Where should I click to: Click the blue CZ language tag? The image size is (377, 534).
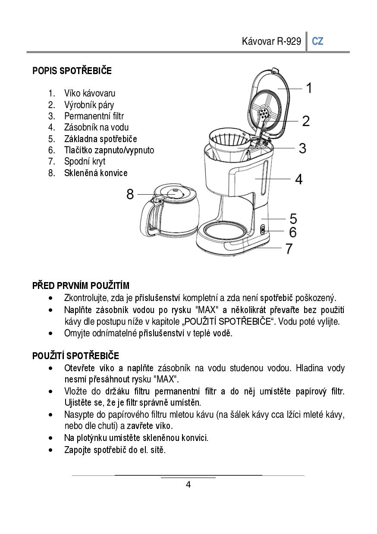click(x=317, y=41)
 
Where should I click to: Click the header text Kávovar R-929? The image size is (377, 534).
click(x=271, y=41)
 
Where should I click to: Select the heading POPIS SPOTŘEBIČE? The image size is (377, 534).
click(x=72, y=71)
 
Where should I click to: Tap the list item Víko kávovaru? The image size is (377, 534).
click(x=90, y=93)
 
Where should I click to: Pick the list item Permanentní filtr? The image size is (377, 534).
click(x=94, y=116)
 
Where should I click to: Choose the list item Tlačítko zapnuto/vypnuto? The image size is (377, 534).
click(x=109, y=150)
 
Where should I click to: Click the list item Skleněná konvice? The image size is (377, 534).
click(x=96, y=173)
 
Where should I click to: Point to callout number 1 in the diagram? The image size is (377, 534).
click(x=309, y=88)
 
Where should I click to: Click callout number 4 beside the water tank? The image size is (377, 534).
click(x=298, y=179)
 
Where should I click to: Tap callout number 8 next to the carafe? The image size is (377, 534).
click(x=130, y=194)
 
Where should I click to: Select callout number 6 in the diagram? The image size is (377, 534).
click(x=293, y=232)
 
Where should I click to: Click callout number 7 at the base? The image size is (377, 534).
click(x=289, y=248)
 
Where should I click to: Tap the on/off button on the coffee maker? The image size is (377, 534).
click(x=263, y=230)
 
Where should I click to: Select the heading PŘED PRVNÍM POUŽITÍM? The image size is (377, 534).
click(x=81, y=286)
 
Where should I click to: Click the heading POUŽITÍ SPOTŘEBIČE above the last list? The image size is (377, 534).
click(x=75, y=356)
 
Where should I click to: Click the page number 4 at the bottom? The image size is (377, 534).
click(x=188, y=485)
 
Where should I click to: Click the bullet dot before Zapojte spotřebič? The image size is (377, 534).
click(x=51, y=450)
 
